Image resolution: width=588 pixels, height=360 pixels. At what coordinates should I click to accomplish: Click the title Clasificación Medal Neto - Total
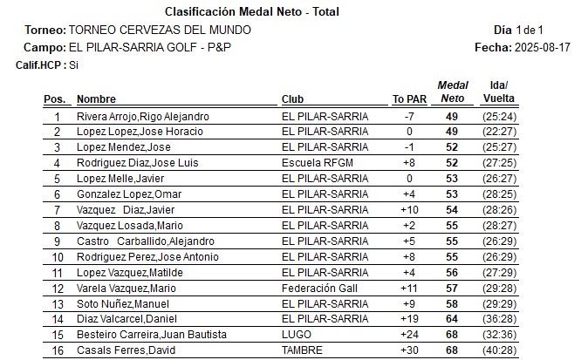[x=252, y=12]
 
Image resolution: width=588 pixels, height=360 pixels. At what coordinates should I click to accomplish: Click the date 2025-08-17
[x=542, y=46]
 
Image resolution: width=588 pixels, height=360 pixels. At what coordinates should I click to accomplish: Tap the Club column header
[x=292, y=99]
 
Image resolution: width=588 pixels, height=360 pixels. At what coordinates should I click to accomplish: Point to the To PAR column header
[x=409, y=99]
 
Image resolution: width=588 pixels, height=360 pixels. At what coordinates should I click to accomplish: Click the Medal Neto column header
[x=452, y=92]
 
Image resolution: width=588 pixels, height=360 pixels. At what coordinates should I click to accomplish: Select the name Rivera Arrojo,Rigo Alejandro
[x=142, y=116]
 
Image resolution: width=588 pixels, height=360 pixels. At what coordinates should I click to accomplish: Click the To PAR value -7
[x=409, y=116]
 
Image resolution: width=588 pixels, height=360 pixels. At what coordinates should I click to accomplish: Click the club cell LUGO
[x=296, y=335]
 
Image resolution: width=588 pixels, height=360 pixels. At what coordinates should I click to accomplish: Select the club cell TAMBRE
[x=302, y=350]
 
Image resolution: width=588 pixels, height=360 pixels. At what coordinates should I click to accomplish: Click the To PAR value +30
[x=409, y=350]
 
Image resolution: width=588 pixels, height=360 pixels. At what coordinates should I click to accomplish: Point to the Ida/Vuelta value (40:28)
[x=499, y=350]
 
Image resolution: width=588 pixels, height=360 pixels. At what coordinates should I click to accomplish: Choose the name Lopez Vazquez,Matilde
[x=129, y=272]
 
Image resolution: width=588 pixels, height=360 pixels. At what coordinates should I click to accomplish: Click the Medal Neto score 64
[x=452, y=319]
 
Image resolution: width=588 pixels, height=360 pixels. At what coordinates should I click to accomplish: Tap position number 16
[x=58, y=350]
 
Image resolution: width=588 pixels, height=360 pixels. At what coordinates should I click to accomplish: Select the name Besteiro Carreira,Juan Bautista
[x=152, y=335]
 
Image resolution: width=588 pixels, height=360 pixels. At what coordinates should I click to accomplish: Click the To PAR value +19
[x=409, y=319]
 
